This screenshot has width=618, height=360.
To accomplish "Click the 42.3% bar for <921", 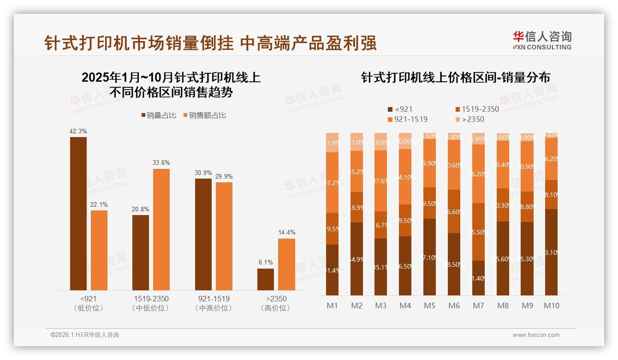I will tap(78, 213).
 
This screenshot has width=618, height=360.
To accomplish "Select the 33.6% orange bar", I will tap(161, 229).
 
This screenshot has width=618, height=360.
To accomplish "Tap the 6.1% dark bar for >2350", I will tap(266, 279).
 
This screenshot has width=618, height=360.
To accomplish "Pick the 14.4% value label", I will tap(286, 233).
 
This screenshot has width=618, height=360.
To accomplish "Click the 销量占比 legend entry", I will tap(159, 115).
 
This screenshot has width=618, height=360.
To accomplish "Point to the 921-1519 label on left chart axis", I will tap(212, 299).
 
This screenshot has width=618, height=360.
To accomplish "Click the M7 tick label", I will tap(479, 306).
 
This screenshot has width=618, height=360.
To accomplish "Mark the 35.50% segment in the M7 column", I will tap(479, 232).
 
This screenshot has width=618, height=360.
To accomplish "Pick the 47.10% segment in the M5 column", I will tap(430, 257).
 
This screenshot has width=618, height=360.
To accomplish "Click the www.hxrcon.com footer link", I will tap(536, 335).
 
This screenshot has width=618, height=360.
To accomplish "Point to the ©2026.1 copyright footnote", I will tap(85, 335).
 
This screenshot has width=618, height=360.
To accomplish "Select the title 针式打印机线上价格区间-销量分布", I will tap(456, 78).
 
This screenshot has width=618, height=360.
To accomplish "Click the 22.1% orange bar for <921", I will tap(99, 250).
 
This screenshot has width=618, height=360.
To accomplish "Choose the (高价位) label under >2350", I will tap(276, 308).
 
